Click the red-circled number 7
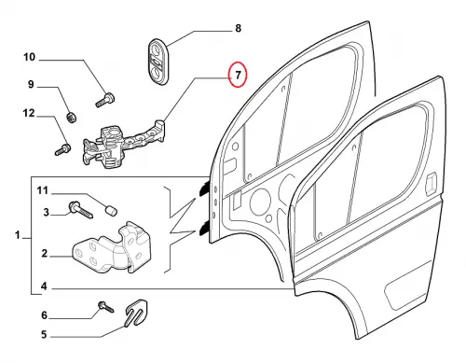tap(238, 76)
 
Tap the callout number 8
tap(238, 28)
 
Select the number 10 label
tap(30, 57)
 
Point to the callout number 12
tap(29, 113)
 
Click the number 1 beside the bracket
tap(18, 235)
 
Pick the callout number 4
tap(44, 286)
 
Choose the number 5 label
tap(44, 335)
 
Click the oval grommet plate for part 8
tap(158, 62)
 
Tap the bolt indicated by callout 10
tap(104, 100)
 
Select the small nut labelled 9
tap(72, 118)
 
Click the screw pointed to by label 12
tap(62, 149)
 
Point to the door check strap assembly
tap(124, 144)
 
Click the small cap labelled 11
tap(110, 210)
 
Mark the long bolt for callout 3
tap(80, 210)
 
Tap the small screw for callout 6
tap(106, 306)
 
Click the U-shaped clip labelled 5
tap(136, 313)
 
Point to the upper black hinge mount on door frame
tap(204, 189)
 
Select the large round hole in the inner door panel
tap(260, 202)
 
